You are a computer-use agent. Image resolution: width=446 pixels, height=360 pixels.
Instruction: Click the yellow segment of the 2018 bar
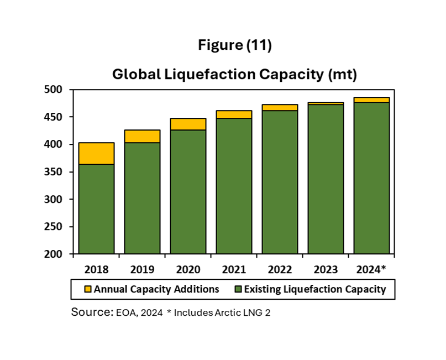(x=96, y=153)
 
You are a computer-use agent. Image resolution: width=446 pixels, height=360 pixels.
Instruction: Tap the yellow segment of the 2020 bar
(x=188, y=124)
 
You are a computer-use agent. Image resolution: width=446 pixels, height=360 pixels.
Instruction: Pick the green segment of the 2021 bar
(x=234, y=186)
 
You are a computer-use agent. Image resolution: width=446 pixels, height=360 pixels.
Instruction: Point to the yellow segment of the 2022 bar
(x=280, y=107)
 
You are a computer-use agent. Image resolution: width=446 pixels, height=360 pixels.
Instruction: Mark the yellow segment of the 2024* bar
(x=371, y=100)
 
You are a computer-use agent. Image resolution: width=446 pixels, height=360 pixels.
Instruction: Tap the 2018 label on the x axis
(x=96, y=270)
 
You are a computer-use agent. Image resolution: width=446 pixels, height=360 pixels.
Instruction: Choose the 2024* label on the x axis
(x=372, y=270)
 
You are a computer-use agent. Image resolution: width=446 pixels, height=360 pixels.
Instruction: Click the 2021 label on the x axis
(x=234, y=270)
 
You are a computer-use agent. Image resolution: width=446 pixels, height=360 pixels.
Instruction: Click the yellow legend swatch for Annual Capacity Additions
(x=87, y=289)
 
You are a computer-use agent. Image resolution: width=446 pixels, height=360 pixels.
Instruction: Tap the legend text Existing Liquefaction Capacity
(x=315, y=289)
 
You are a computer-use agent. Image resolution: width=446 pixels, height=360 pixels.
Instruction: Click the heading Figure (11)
(x=234, y=46)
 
